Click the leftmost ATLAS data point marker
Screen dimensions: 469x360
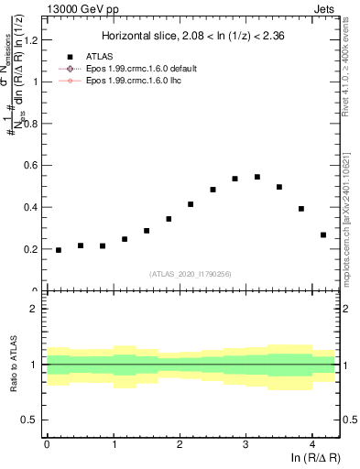pos(59,250)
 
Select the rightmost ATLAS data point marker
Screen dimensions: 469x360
pos(323,234)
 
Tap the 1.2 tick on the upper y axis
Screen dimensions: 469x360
pos(33,39)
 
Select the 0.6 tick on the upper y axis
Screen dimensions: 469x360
pos(33,165)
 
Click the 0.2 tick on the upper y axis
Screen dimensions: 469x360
pos(33,249)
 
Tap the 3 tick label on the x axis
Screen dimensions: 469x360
pos(245,445)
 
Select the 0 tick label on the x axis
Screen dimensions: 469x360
pos(47,445)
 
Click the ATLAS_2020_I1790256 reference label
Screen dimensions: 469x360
pos(190,273)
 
